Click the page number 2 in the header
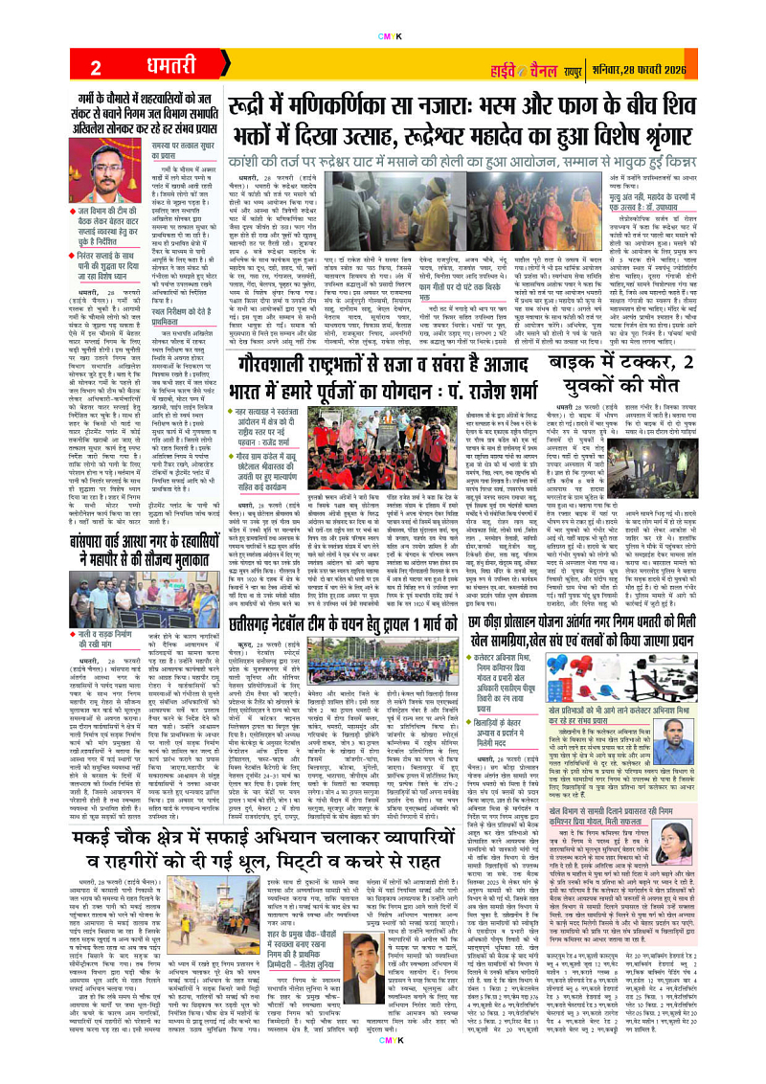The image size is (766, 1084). click(97, 67)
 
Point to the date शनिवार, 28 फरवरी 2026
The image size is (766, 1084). click(689, 67)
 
